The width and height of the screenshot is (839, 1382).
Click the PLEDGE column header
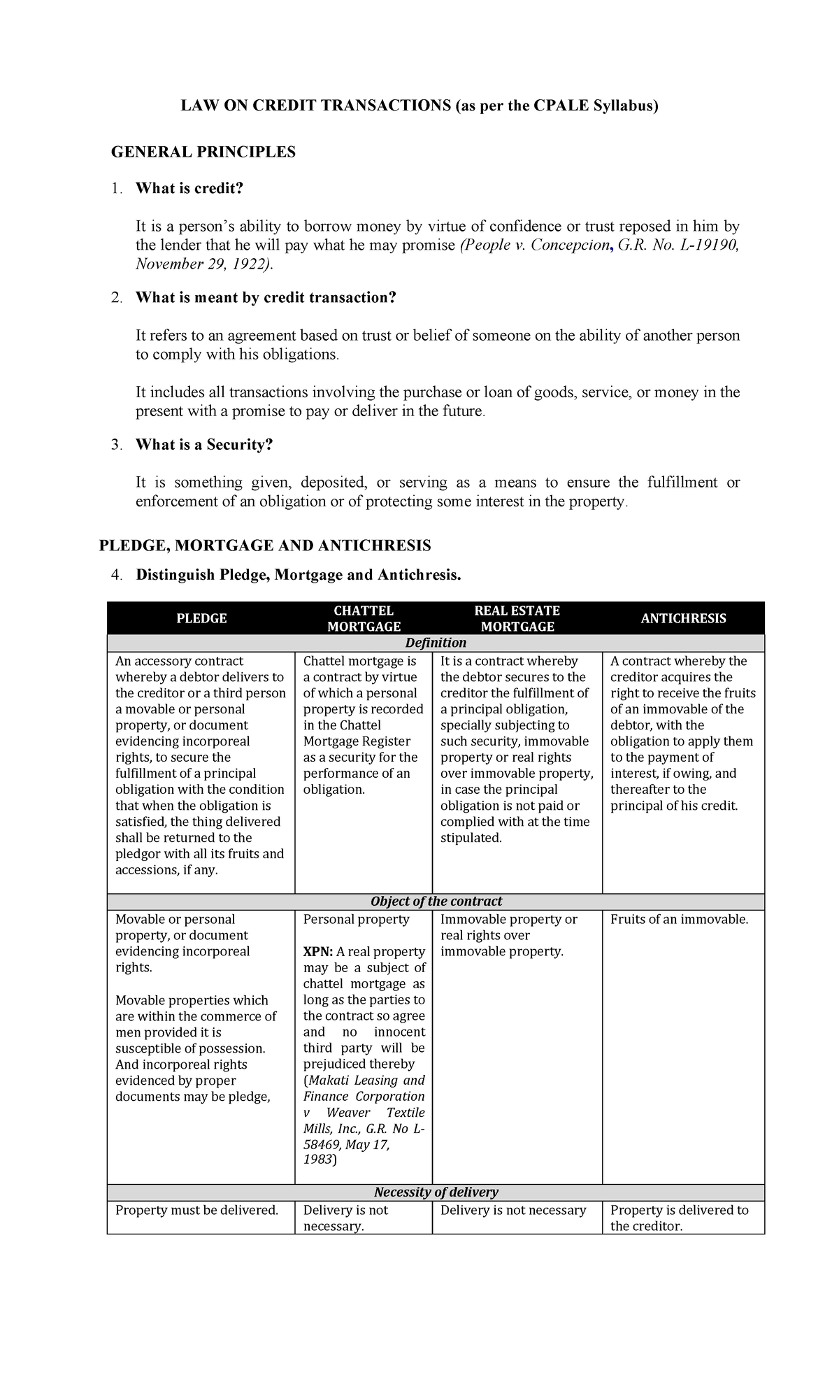click(x=201, y=618)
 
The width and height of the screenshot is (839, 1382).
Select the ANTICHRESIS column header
click(x=683, y=618)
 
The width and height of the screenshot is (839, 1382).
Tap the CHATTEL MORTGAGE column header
click(x=364, y=618)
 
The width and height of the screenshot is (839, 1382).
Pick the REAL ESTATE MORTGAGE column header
click(x=517, y=618)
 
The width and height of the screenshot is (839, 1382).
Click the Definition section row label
click(x=436, y=643)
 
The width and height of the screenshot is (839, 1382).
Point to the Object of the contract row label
click(x=436, y=902)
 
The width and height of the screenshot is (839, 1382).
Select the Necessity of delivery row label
click(x=436, y=1192)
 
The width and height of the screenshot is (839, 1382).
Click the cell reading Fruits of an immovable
click(x=679, y=920)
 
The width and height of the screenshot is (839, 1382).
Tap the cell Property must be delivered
click(x=196, y=1211)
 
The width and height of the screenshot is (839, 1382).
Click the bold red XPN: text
click(x=317, y=952)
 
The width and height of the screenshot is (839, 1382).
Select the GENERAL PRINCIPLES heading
click(x=203, y=152)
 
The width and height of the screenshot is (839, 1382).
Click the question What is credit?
click(x=189, y=188)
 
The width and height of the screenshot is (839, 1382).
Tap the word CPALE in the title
click(x=561, y=106)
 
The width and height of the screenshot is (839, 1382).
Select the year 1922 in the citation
click(x=251, y=264)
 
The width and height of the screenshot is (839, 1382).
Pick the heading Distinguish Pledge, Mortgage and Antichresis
click(x=299, y=575)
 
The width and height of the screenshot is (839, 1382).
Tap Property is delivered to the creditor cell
click(x=679, y=1218)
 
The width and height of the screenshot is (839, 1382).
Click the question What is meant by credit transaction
click(x=266, y=298)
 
